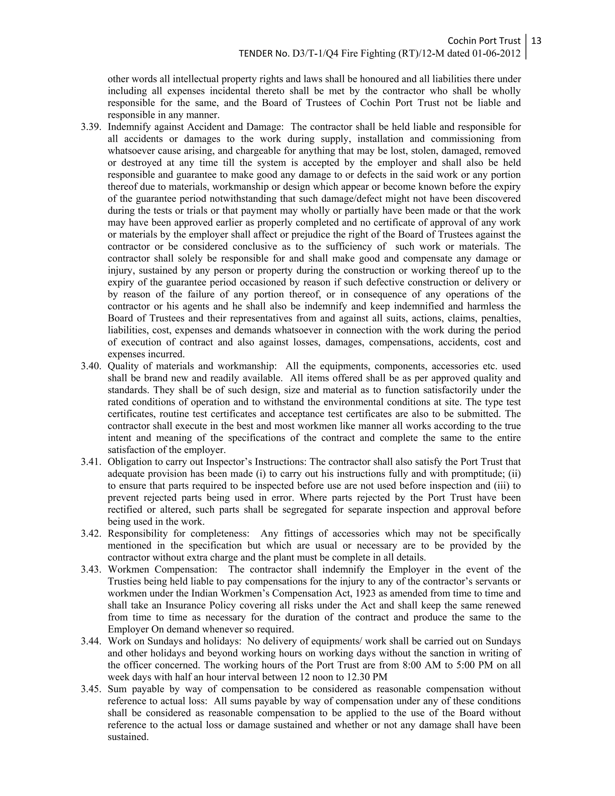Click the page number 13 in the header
click(x=536, y=41)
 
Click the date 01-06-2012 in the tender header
click(x=496, y=53)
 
